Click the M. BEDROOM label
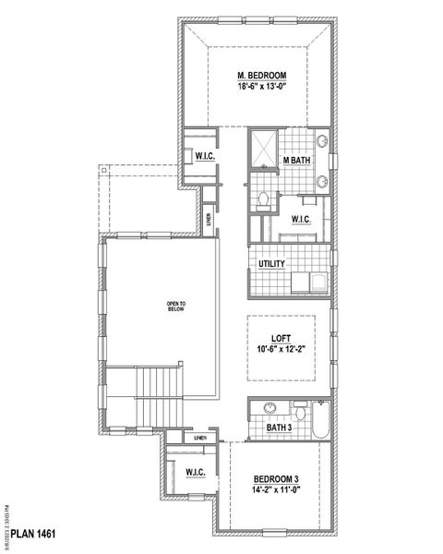(x=261, y=75)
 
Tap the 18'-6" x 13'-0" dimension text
(x=261, y=87)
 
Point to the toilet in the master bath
(x=263, y=197)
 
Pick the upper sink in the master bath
(x=322, y=143)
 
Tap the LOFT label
(x=281, y=338)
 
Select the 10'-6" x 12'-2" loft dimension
(x=281, y=350)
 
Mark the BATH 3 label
(x=279, y=427)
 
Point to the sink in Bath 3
(x=270, y=407)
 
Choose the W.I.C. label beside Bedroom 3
(x=195, y=473)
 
